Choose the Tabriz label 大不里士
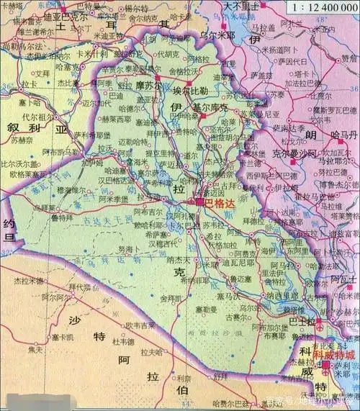[240, 6]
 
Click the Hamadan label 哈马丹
[340, 135]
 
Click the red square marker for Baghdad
[199, 204]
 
